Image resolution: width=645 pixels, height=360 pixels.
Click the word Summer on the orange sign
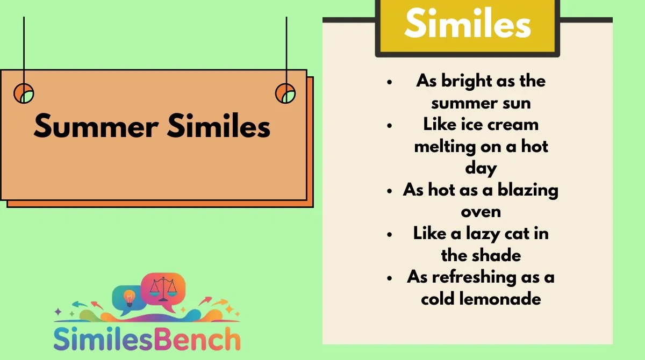[x=96, y=126]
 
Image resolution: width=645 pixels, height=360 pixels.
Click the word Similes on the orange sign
[x=219, y=125]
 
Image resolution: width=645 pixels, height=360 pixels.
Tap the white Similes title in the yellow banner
[x=468, y=23]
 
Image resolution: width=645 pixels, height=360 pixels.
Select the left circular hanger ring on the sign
[x=24, y=93]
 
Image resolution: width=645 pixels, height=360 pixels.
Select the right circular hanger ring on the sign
[x=285, y=93]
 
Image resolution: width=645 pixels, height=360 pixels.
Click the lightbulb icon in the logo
[x=130, y=298]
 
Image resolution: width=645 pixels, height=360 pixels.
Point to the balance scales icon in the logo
[x=163, y=289]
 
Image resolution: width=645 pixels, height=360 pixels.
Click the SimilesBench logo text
[x=147, y=339]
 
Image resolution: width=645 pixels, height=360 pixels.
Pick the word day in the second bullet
[x=481, y=169]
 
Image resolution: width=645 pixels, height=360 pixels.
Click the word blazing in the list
[x=528, y=191]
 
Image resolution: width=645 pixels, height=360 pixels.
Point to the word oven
[x=481, y=212]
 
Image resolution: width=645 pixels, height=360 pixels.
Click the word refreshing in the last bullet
[x=474, y=278]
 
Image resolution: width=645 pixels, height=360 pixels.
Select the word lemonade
[x=500, y=299]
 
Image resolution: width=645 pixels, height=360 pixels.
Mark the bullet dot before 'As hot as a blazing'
[x=390, y=191]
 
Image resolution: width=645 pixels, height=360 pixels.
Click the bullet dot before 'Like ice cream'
[x=390, y=126]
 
